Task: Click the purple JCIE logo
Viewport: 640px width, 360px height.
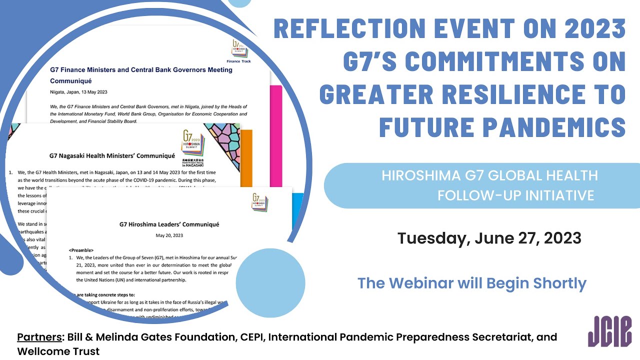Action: pos(609,331)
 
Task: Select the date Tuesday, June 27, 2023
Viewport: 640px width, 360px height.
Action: pos(489,238)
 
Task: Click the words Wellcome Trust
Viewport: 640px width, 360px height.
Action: pos(58,351)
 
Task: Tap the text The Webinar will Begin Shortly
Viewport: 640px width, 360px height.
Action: pos(471,283)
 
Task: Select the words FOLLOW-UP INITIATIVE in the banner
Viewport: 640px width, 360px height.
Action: pos(515,195)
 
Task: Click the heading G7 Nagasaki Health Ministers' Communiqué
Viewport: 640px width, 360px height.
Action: pos(112,156)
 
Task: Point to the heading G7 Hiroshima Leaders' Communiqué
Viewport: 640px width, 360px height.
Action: pos(169,224)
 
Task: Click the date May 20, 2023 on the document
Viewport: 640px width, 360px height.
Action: pos(169,235)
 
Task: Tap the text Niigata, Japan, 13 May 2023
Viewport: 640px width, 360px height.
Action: pos(78,92)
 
